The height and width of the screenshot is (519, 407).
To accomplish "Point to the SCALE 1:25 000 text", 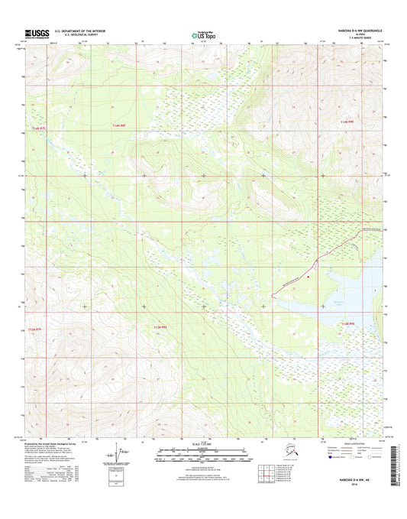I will coord(202,444).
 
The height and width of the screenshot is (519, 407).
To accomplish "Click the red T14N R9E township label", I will coord(347,122).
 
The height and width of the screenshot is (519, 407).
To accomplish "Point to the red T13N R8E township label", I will coord(156,326).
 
